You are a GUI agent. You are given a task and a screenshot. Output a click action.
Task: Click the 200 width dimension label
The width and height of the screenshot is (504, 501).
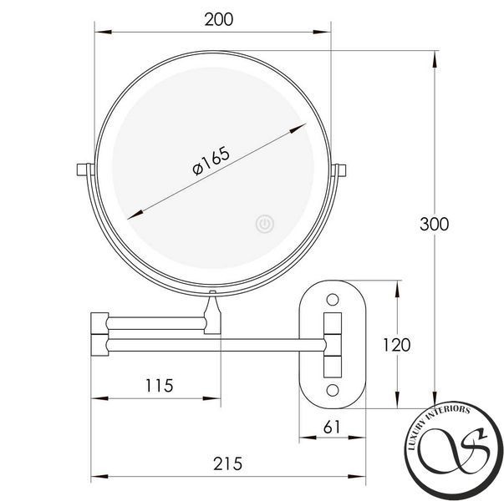tap(219, 19)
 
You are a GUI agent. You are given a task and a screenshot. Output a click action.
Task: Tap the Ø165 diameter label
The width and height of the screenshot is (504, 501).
tap(211, 160)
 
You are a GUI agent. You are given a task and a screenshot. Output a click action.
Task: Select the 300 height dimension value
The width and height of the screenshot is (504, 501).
tap(435, 224)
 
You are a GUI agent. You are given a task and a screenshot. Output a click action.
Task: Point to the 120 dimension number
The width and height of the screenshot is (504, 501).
tap(397, 345)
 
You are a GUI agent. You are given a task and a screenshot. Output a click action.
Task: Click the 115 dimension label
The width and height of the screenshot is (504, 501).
tap(159, 386)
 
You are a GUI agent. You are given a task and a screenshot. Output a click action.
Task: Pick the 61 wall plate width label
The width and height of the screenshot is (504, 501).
tap(331, 428)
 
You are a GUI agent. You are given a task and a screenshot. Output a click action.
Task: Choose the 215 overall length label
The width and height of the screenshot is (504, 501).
tap(227, 463)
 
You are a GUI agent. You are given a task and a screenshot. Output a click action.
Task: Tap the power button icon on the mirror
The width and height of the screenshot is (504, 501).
tap(265, 224)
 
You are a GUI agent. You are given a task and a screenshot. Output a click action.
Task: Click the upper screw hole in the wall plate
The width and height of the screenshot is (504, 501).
tap(333, 300)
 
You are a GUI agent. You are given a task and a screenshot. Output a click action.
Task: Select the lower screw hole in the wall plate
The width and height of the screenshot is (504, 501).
tap(333, 390)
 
